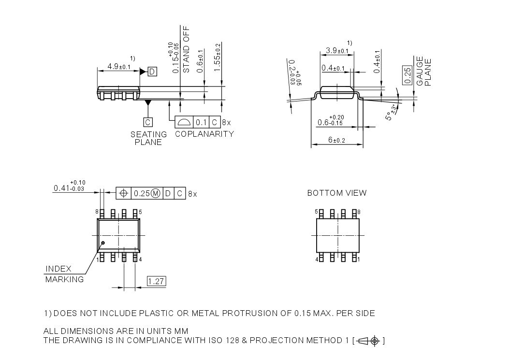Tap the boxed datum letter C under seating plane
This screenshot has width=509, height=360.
click(148, 122)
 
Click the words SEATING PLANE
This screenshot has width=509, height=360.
click(148, 138)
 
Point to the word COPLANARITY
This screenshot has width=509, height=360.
click(204, 134)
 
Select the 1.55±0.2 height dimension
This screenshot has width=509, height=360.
click(218, 58)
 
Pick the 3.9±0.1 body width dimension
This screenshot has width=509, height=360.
click(337, 51)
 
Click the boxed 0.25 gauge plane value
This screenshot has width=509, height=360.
click(407, 75)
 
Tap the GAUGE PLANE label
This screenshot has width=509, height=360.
click(424, 72)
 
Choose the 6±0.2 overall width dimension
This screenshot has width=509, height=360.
click(337, 140)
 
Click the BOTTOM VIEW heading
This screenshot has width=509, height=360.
click(337, 193)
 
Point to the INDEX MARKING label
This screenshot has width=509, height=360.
click(64, 274)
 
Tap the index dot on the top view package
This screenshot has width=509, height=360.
click(102, 243)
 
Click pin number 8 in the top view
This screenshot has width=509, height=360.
click(97, 212)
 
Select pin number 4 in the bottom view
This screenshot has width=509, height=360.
click(316, 259)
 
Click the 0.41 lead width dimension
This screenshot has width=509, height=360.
click(69, 187)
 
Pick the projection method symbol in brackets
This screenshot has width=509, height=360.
click(370, 341)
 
